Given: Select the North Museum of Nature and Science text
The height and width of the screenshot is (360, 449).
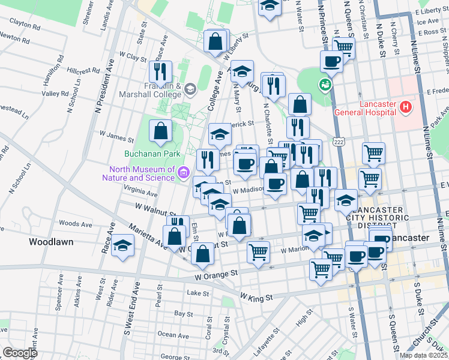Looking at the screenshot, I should pos(142,173).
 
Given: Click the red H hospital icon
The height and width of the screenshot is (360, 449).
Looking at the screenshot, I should pos(406,109).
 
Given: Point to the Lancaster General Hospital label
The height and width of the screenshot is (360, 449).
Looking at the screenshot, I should pos(378,108).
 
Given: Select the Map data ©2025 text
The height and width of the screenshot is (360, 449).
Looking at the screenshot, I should pos(423,355).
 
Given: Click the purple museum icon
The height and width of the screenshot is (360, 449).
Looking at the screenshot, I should pos(184,174).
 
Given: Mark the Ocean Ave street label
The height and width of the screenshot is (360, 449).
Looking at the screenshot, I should pos(175,334).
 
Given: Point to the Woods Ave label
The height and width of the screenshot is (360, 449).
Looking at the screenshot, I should pos(76,224).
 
